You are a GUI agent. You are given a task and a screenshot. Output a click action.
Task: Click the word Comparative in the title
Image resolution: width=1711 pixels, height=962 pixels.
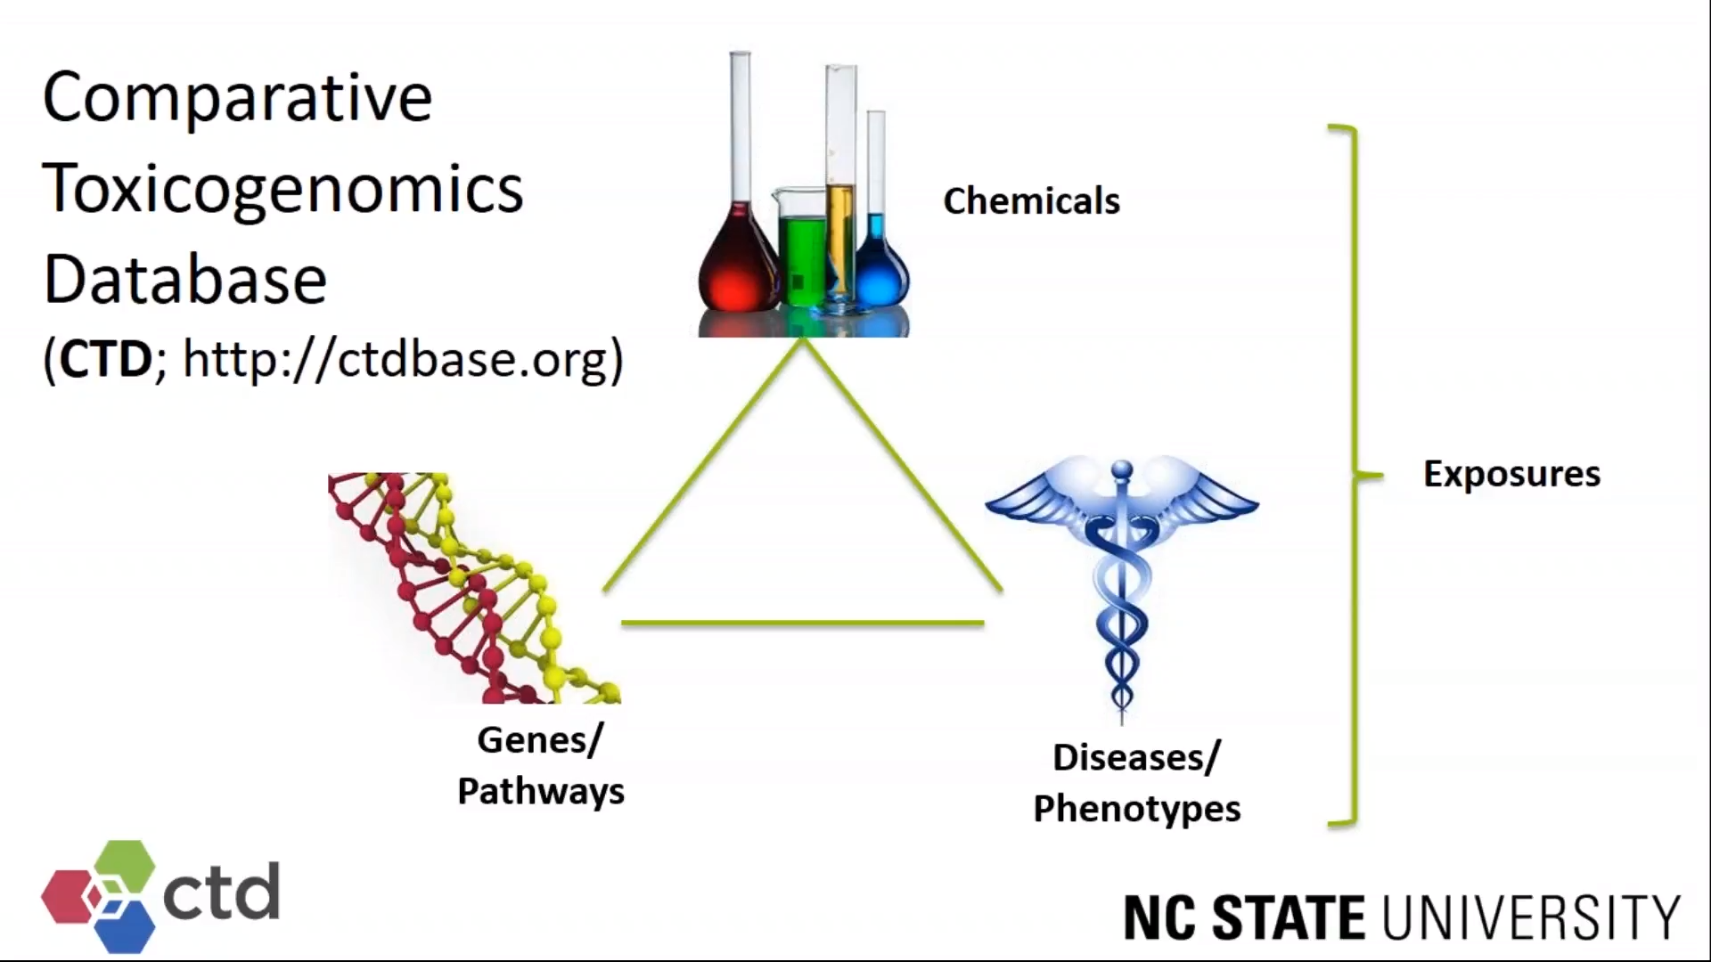237,98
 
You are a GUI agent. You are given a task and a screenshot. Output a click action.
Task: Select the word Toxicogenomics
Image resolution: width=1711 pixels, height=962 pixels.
282,190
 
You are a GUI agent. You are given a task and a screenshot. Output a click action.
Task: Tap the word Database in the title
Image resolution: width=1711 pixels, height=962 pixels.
185,280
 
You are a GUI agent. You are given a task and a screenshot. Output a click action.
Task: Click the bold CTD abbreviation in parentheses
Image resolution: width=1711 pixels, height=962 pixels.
106,359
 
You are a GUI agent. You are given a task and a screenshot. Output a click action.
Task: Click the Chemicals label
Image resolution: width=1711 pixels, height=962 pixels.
1031,201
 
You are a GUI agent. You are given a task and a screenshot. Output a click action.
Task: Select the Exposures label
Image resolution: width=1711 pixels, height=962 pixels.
1511,474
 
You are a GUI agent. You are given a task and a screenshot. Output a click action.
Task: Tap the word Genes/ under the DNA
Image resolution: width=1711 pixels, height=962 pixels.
540,740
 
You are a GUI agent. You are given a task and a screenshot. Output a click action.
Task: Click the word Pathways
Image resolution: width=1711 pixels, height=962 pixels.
541,792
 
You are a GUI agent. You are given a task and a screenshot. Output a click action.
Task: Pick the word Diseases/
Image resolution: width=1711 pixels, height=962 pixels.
1136,758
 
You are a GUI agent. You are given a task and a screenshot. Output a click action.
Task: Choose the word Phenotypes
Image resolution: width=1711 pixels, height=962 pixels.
1136,810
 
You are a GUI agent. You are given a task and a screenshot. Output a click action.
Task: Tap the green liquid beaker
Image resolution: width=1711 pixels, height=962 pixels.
802,254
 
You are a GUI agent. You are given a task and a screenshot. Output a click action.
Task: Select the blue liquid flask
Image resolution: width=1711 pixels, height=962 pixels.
880,272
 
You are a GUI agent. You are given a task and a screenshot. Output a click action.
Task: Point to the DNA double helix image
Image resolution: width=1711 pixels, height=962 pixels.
472,588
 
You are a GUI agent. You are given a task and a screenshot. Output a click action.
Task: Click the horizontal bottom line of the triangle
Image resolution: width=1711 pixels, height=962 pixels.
802,623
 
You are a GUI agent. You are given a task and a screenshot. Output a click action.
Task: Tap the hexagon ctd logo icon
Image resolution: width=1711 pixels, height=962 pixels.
100,894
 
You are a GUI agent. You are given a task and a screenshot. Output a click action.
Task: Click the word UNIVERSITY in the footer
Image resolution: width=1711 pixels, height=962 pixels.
1531,917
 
